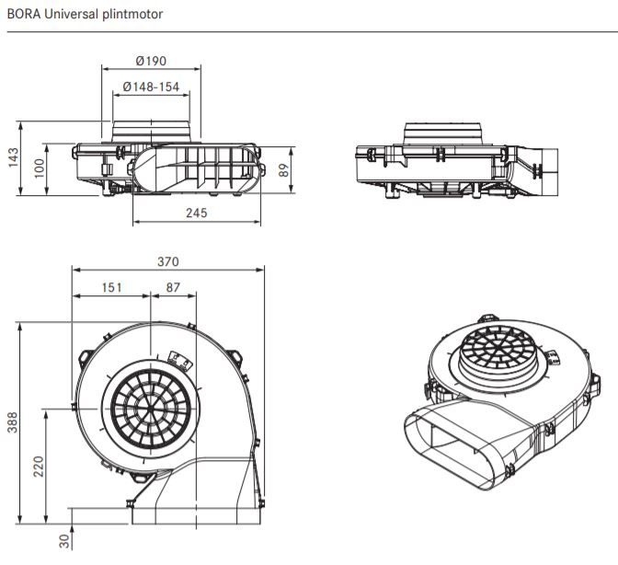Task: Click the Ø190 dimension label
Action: pyautogui.click(x=151, y=61)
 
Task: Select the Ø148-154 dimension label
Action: pyautogui.click(x=151, y=87)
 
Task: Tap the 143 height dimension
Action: pyautogui.click(x=13, y=157)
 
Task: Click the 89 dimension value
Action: pyautogui.click(x=284, y=169)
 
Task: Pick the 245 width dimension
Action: pyautogui.click(x=195, y=213)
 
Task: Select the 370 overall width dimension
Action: pyautogui.click(x=167, y=261)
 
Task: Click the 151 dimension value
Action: pyautogui.click(x=111, y=288)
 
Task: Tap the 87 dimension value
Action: pyautogui.click(x=173, y=288)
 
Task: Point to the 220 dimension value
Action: pyautogui.click(x=40, y=467)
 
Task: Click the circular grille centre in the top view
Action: pyautogui.click(x=153, y=406)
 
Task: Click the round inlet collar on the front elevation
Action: pyautogui.click(x=152, y=132)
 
